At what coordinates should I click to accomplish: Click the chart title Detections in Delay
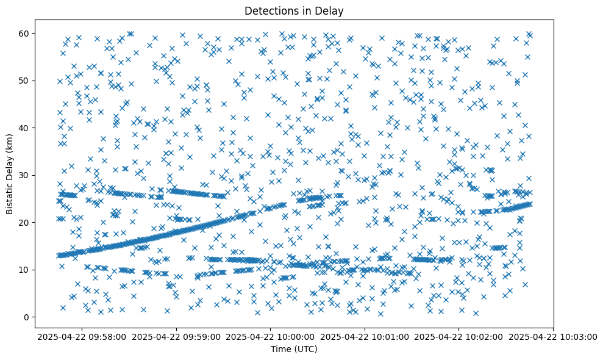[x=294, y=10]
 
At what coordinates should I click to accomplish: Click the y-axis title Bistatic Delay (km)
[x=10, y=173]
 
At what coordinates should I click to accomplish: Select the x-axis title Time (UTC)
[x=294, y=349]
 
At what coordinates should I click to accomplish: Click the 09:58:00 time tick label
[x=81, y=336]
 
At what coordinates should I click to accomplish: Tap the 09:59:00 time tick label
[x=176, y=336]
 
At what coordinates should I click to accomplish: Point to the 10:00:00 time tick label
[x=270, y=336]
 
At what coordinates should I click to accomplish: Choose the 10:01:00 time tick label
[x=365, y=336]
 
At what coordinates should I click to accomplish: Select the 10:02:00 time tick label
[x=459, y=336]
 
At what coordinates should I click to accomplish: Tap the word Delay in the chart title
[x=331, y=10]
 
